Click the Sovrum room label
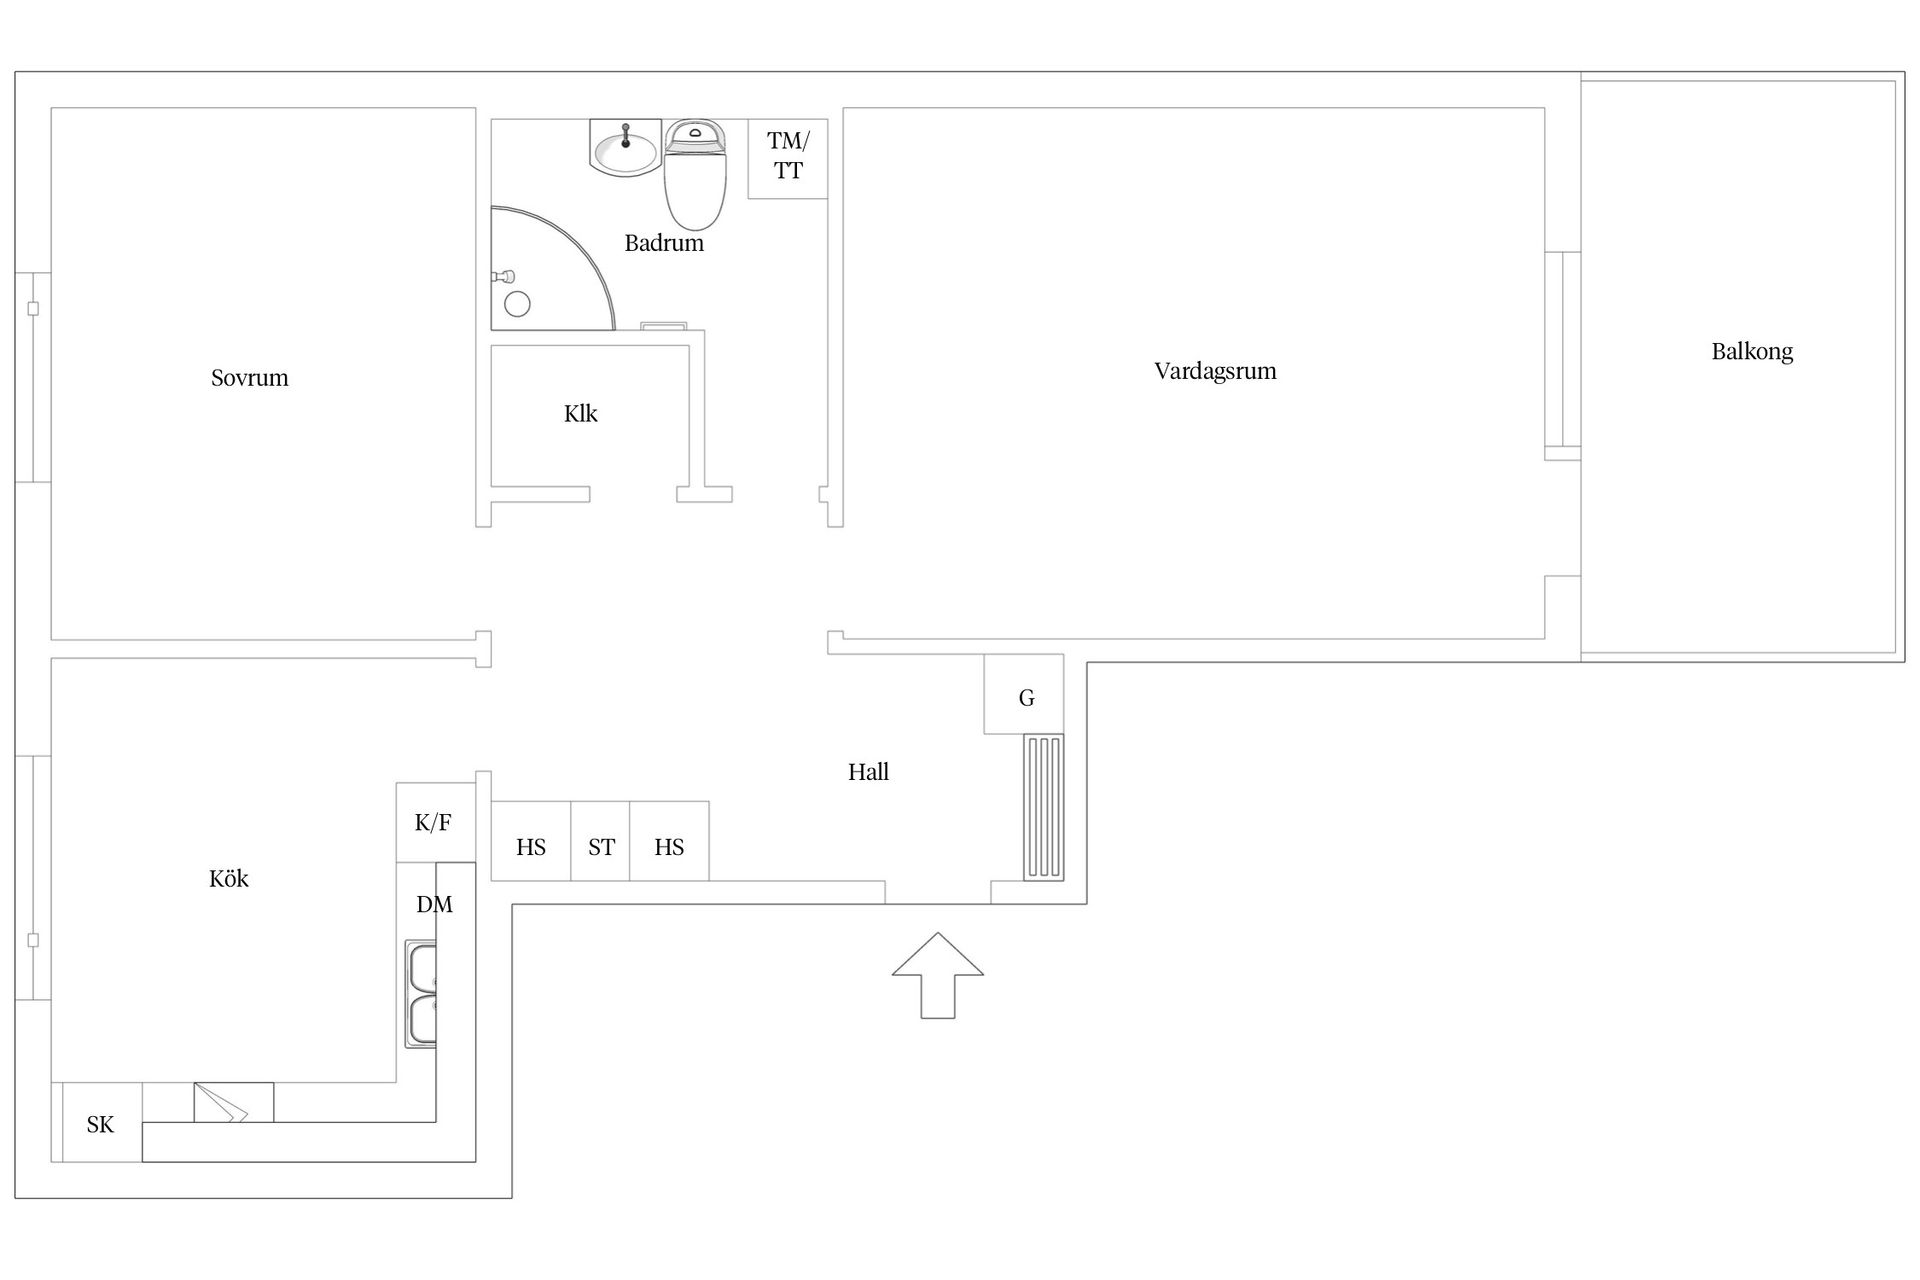(249, 378)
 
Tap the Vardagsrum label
(1215, 371)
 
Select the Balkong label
(1752, 352)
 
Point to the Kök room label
(228, 878)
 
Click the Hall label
(868, 771)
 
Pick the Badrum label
(664, 243)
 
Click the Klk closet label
(580, 413)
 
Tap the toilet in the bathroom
(695, 175)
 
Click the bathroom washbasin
(625, 148)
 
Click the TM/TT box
(788, 158)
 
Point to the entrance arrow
(937, 975)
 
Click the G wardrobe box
(1024, 694)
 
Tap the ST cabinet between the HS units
(600, 841)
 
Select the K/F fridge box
(435, 822)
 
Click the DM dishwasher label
(434, 904)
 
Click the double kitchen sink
(421, 994)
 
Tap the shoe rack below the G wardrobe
(1044, 807)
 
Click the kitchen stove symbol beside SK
(233, 1102)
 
